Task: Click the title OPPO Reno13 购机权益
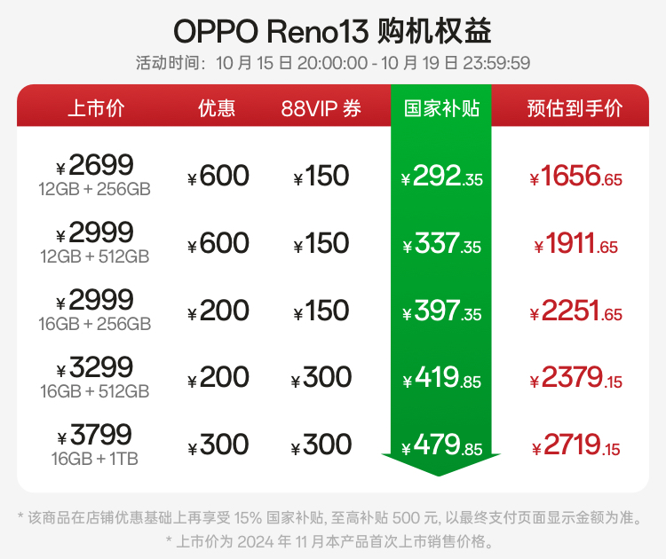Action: pos(332,31)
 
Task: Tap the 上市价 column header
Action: pos(96,108)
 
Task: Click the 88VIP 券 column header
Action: pos(321,108)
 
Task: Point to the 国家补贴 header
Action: pos(441,108)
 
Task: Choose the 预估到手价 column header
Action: pos(575,108)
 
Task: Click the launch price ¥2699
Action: pos(95,165)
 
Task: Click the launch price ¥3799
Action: pos(95,435)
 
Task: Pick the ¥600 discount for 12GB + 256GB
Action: pos(218,177)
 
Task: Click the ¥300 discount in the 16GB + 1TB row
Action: pos(218,445)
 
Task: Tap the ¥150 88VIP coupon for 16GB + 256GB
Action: pos(321,311)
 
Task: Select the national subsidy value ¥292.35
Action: pos(441,177)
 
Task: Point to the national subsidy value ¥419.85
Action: pos(441,379)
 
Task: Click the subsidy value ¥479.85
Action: pos(441,445)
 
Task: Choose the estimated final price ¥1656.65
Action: pos(575,177)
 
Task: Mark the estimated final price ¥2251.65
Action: pos(575,311)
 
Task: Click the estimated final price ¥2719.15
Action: pos(575,445)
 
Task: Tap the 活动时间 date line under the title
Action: pos(332,64)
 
